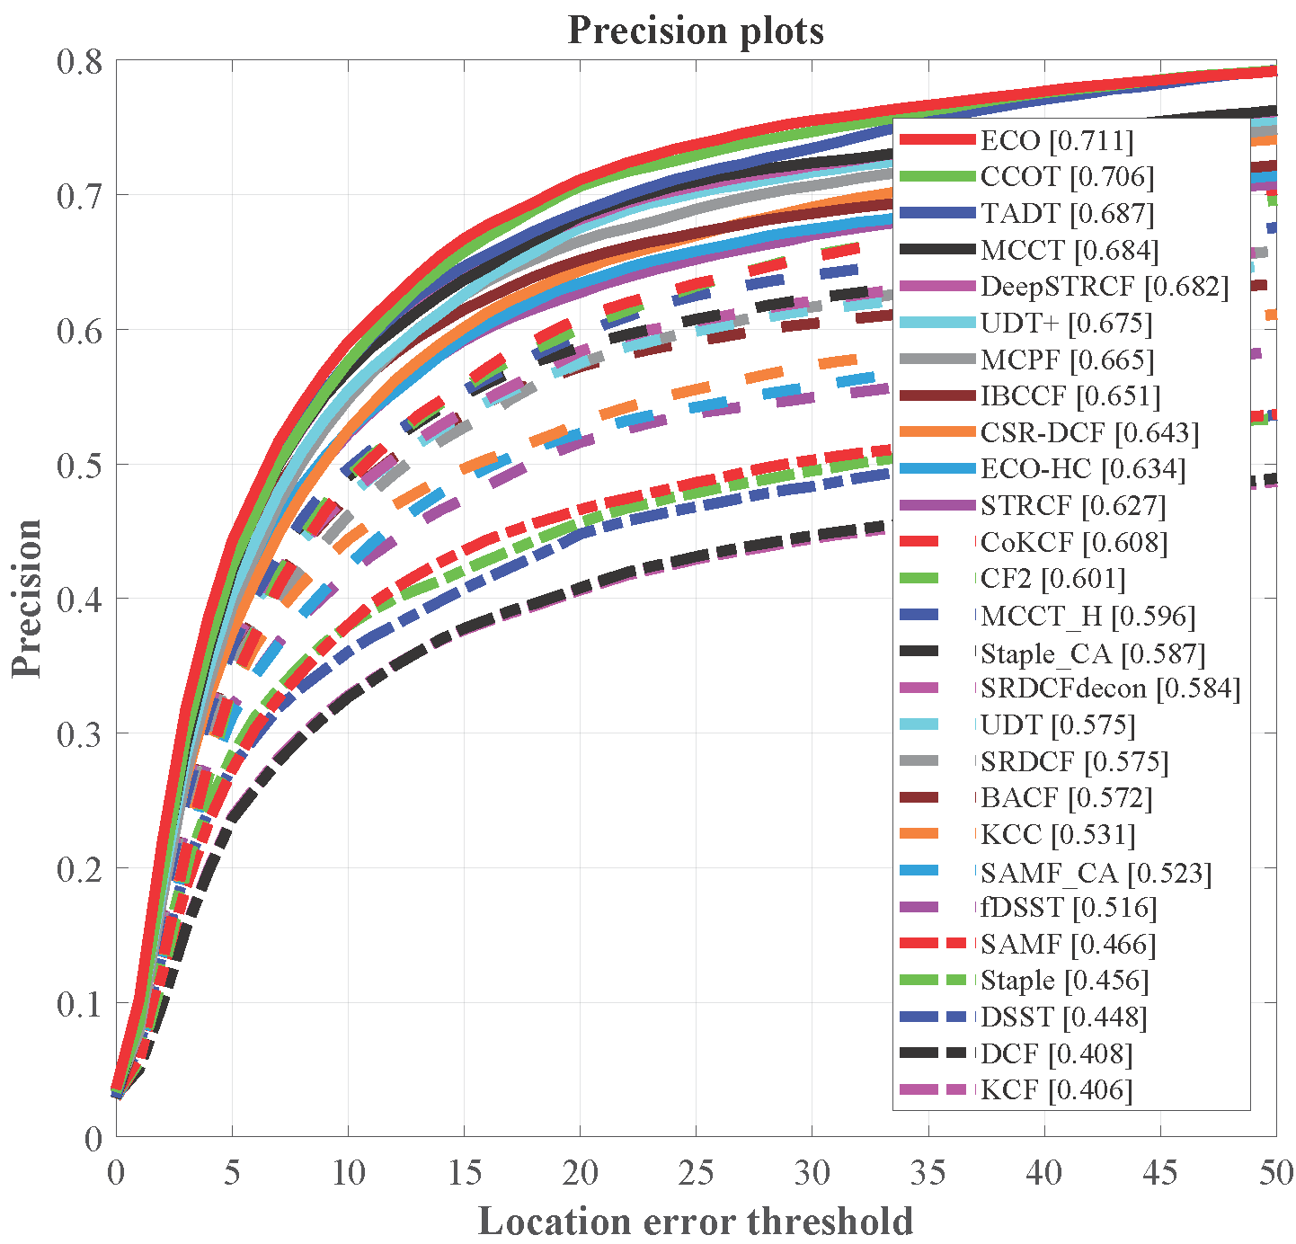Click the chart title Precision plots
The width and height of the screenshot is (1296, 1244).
pyautogui.click(x=696, y=31)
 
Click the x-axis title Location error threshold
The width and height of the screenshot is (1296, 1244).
pyautogui.click(x=696, y=1222)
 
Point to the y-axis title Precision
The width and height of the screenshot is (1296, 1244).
pyautogui.click(x=27, y=598)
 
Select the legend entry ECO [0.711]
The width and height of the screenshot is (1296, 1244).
pyautogui.click(x=1057, y=140)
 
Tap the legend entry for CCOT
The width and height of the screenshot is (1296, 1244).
pyautogui.click(x=1067, y=177)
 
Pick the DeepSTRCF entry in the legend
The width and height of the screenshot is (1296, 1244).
pyautogui.click(x=1104, y=287)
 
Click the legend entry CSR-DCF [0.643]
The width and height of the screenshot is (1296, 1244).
pyautogui.click(x=1089, y=432)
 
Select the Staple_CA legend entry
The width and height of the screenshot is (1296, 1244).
pyautogui.click(x=1093, y=653)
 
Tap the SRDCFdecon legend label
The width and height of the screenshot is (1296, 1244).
pyautogui.click(x=1110, y=689)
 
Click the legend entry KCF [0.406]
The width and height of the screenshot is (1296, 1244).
pyautogui.click(x=1056, y=1090)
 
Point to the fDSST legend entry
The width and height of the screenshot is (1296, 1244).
pyautogui.click(x=1069, y=908)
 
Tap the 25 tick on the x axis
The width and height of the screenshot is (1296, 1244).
pyautogui.click(x=696, y=1172)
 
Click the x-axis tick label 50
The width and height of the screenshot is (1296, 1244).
pyautogui.click(x=1275, y=1172)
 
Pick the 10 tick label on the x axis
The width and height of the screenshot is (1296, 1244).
pyautogui.click(x=348, y=1172)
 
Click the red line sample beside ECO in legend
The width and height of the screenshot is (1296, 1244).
pyautogui.click(x=936, y=140)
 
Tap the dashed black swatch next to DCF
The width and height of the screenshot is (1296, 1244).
pyautogui.click(x=936, y=1053)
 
